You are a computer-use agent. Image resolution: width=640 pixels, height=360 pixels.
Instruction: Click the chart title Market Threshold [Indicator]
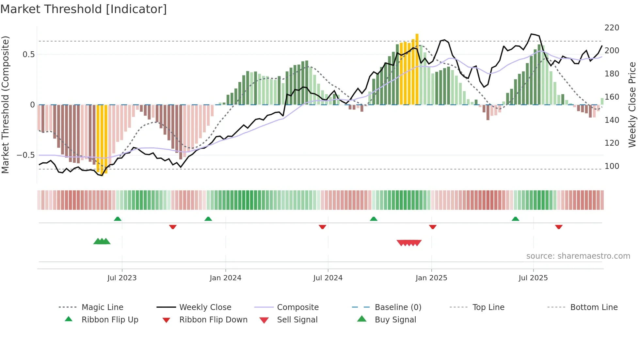84,9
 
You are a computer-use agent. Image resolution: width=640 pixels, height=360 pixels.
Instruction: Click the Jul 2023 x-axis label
122,278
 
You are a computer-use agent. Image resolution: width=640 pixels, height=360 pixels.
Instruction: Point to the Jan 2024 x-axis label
225,278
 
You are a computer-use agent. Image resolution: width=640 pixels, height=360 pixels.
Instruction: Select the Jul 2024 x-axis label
328,278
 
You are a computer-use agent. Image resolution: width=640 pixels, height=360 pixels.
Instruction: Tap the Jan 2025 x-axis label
431,278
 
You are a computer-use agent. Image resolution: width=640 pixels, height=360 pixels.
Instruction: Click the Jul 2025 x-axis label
533,278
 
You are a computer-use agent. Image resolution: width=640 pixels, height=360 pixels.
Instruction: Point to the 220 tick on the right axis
612,28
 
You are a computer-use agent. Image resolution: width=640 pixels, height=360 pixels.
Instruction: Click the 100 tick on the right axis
612,166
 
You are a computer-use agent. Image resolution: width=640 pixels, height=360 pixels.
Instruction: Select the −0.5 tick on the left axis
25,155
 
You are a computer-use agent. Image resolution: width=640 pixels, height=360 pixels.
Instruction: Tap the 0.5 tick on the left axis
28,55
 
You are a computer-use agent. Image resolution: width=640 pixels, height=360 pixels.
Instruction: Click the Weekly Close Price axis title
632,105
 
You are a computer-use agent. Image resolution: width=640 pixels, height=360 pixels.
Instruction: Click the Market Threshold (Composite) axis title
5,105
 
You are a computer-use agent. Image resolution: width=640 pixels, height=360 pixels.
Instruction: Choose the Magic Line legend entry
102,307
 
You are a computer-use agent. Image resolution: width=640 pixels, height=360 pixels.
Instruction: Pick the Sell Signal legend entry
297,320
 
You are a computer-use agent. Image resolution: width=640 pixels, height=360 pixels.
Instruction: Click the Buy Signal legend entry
395,320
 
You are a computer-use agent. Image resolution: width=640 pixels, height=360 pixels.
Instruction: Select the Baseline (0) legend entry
398,307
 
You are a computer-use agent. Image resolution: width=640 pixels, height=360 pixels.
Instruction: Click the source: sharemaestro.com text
578,256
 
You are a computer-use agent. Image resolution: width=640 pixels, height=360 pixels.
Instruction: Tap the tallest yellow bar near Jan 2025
417,69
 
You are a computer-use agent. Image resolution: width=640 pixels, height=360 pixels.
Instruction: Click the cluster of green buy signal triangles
102,241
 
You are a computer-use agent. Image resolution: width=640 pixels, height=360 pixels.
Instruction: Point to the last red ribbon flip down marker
559,227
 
